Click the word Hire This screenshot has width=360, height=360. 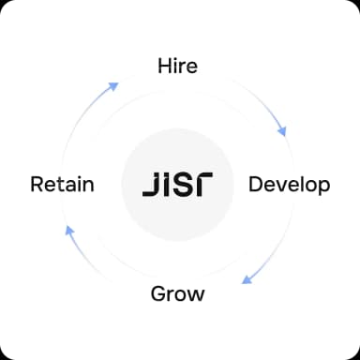click(x=178, y=67)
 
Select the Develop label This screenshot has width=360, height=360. click(x=289, y=184)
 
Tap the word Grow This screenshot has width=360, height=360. click(x=178, y=293)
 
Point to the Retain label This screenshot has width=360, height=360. click(x=62, y=184)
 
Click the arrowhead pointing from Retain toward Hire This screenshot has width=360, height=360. click(x=113, y=86)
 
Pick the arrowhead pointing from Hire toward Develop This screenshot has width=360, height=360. click(x=281, y=131)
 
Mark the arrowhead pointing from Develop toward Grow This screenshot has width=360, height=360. click(x=246, y=278)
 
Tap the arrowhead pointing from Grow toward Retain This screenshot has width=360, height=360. click(x=67, y=230)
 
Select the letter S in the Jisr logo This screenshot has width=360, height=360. click(x=184, y=183)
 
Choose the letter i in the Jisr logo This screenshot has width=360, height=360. click(x=166, y=183)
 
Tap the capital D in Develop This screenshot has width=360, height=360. click(x=256, y=184)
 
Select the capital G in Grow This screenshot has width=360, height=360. click(x=159, y=293)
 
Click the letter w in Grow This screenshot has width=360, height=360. click(x=196, y=294)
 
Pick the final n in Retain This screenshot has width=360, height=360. click(x=88, y=185)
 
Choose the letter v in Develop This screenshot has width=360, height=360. click(x=281, y=185)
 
